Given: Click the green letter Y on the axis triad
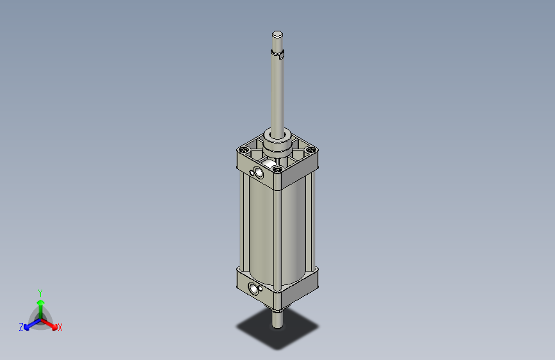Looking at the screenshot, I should point(40,291).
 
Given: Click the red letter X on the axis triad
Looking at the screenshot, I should point(60,328).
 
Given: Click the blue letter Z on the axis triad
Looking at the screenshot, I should point(21,327).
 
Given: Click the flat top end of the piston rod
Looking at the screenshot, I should point(277,34).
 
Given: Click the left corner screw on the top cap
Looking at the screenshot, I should point(242,149).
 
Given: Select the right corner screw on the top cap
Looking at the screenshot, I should point(312,150).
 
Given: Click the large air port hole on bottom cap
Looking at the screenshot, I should point(255,290).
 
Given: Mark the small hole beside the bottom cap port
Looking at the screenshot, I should point(249,286).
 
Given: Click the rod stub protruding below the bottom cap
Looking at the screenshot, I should point(277,318).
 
